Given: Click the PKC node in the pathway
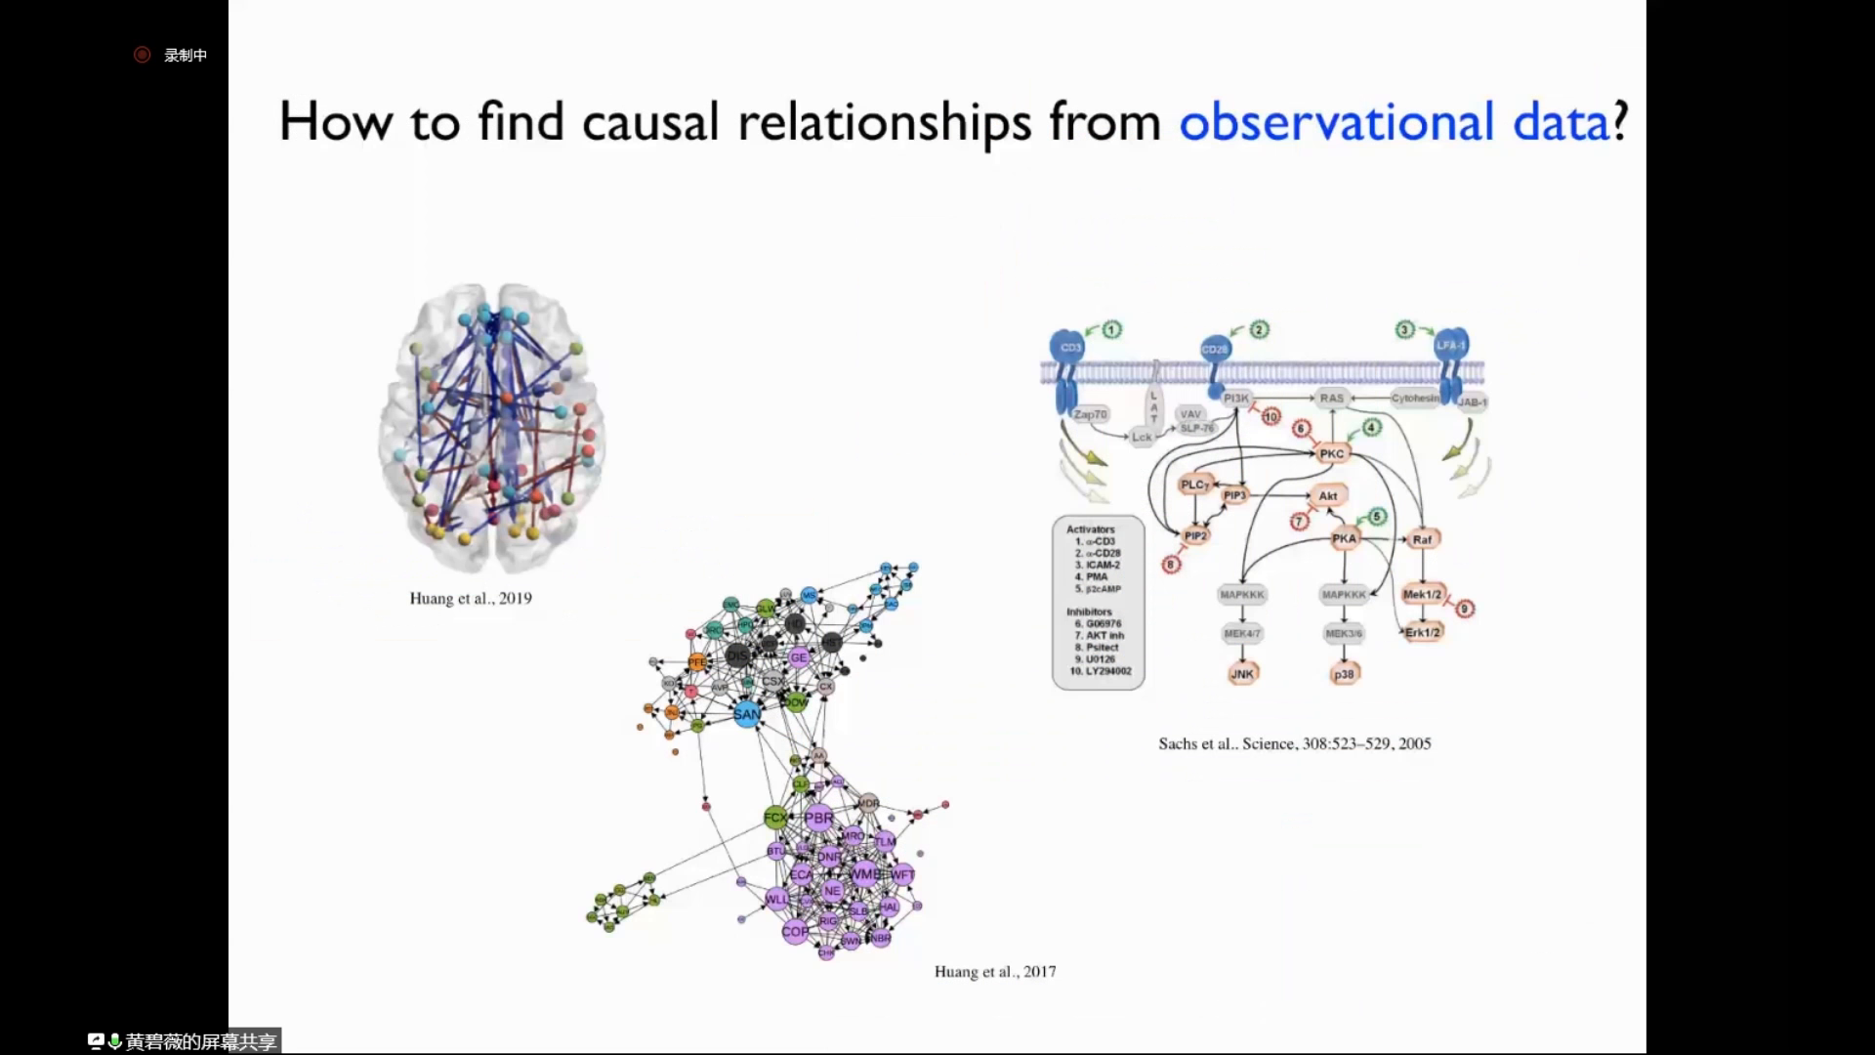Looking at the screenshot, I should [x=1332, y=454].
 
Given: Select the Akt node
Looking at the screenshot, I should [x=1328, y=496].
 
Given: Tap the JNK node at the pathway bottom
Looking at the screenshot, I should [x=1242, y=674].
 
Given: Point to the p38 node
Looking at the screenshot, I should [x=1345, y=674].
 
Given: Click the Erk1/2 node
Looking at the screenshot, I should [x=1423, y=632].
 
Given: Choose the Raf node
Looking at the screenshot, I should [x=1422, y=539].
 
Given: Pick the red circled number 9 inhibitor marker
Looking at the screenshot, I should [x=1464, y=609].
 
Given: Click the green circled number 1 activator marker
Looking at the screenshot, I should [x=1112, y=330].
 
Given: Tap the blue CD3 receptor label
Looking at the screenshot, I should [x=1070, y=348].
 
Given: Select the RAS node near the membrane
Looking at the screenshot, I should [x=1331, y=398].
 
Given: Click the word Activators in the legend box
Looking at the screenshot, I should [x=1090, y=529].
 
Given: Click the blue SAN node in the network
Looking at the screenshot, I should [x=746, y=714].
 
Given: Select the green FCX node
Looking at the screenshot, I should [x=775, y=817].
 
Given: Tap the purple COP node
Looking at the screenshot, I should [x=795, y=931].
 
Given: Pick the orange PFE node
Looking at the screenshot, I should [x=696, y=662].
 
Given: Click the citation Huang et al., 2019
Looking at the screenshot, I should [x=471, y=598].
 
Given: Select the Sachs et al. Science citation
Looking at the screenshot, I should [x=1294, y=743].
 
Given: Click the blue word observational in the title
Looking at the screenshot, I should [x=1336, y=122].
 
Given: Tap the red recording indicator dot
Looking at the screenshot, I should [x=143, y=55].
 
